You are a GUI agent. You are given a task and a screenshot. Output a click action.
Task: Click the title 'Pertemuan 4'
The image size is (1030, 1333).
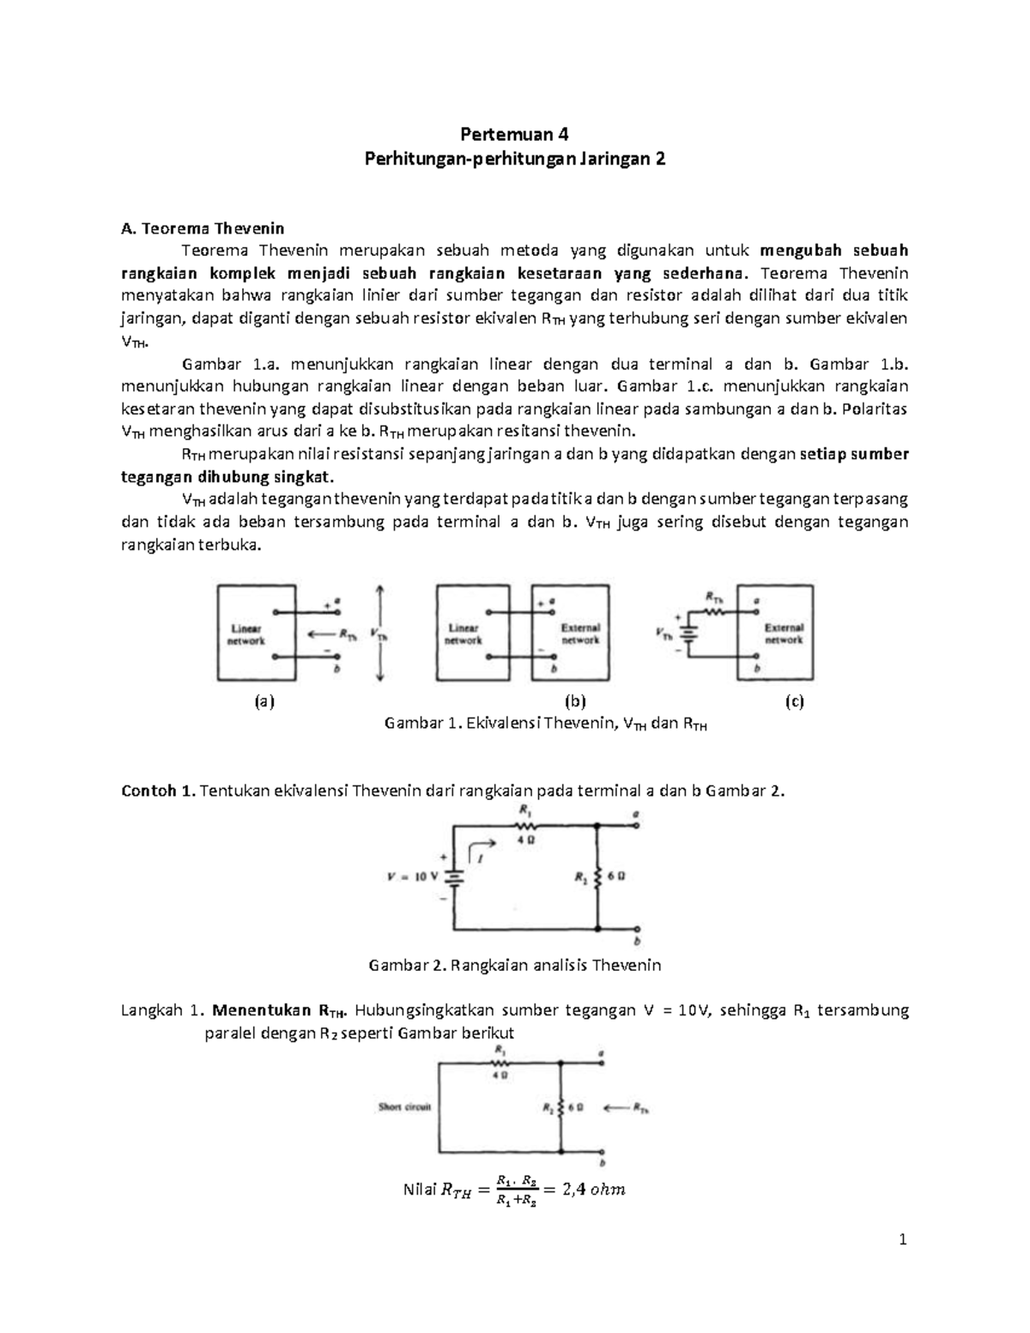pos(514,134)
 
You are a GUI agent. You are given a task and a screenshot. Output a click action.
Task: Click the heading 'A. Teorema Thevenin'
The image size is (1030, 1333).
pos(203,228)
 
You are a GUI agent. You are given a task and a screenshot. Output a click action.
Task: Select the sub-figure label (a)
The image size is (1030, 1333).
pos(264,701)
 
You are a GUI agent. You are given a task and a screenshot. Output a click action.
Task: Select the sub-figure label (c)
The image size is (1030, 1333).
pos(794,701)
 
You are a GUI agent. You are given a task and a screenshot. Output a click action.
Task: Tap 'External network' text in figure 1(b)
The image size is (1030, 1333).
pos(580,633)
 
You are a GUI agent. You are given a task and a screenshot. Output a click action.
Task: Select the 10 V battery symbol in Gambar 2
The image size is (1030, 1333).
pos(455,877)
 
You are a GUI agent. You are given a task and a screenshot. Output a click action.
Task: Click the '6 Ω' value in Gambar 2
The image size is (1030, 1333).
pos(615,877)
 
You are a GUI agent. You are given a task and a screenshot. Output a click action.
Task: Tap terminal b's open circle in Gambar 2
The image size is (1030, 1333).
pos(637,930)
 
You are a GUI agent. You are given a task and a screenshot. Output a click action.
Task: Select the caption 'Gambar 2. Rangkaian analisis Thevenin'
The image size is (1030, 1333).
pos(514,965)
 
